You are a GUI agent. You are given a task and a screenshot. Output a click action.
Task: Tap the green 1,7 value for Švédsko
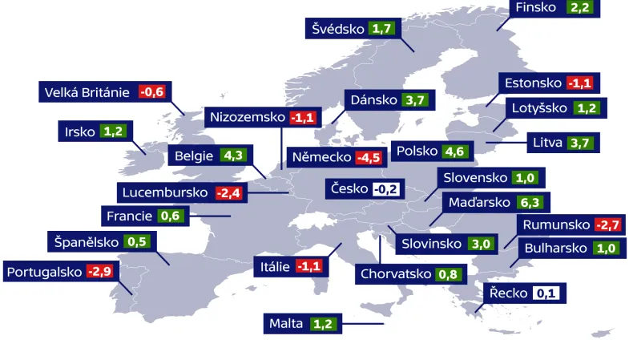381,29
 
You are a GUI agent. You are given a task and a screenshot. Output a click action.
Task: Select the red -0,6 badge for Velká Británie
151,92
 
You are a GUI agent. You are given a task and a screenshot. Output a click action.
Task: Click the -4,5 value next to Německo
369,157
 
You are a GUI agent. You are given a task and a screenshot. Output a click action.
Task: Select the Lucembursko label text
165,192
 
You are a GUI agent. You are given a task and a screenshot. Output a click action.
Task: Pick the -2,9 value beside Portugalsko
100,272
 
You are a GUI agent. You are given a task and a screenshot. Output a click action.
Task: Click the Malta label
286,324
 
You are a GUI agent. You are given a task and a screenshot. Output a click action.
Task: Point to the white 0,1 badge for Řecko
546,293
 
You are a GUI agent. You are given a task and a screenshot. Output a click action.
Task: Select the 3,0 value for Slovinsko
481,244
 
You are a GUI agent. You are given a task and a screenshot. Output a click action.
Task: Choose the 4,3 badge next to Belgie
232,156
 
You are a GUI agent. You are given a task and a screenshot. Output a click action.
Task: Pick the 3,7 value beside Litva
579,144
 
